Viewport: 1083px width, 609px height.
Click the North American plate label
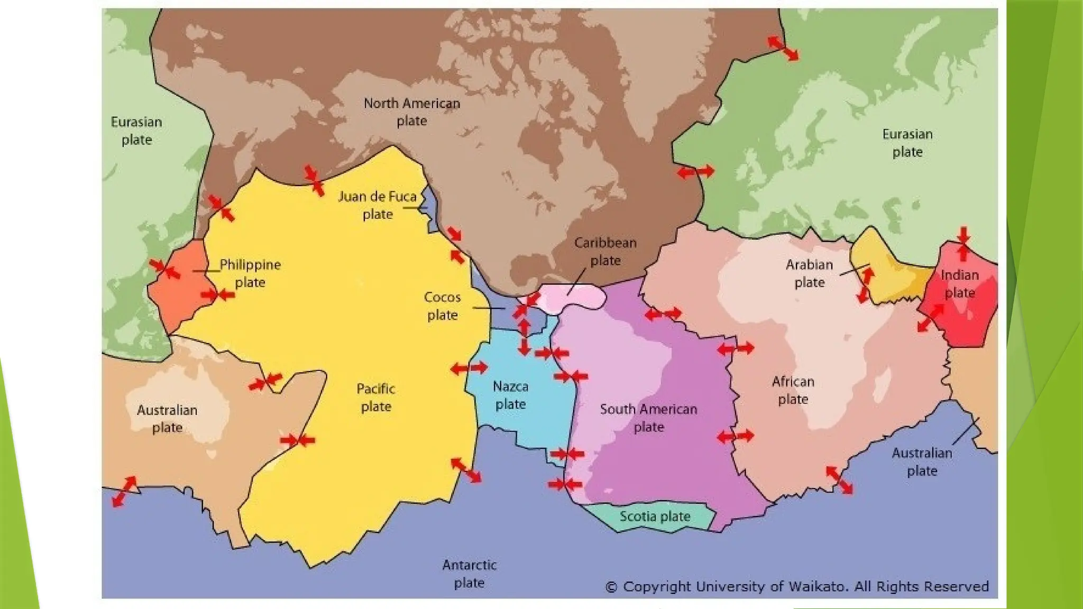[x=411, y=112]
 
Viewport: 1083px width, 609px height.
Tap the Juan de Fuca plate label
[x=377, y=205]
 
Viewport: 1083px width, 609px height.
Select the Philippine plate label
[x=250, y=273]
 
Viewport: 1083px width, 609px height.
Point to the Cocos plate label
[x=442, y=306]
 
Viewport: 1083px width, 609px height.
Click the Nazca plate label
[x=510, y=395]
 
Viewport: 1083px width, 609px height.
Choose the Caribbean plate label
[x=605, y=252]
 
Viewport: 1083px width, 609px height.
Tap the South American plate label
[x=648, y=418]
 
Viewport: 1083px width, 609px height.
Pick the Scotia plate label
[x=655, y=516]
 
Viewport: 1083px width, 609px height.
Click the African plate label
[x=793, y=390]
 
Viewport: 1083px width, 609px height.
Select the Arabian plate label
[x=809, y=273]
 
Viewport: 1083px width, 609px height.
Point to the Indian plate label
[x=959, y=284]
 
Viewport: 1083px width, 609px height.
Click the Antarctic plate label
[x=469, y=574]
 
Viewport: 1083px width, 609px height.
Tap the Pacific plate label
[x=375, y=398]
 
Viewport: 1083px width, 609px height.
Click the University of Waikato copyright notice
[x=797, y=587]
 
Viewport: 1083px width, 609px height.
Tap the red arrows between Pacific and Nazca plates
[x=469, y=368]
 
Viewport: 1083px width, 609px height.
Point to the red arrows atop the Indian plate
[x=963, y=244]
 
